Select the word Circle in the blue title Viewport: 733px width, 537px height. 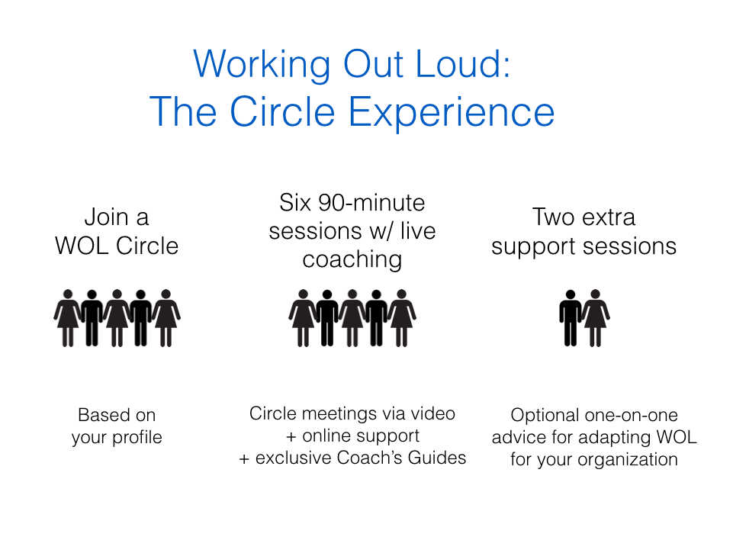(x=282, y=111)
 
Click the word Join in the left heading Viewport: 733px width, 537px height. (x=106, y=217)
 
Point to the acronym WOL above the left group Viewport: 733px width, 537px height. (x=82, y=246)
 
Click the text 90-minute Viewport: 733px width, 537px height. (x=371, y=203)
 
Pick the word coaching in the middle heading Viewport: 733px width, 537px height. (x=352, y=260)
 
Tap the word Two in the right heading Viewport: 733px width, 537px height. (x=554, y=217)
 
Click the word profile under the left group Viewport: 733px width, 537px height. (x=137, y=437)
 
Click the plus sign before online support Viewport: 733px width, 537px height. (x=291, y=437)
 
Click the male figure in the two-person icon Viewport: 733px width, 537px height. (x=570, y=318)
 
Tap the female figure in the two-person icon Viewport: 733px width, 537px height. (x=595, y=318)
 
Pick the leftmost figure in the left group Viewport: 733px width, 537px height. (x=68, y=318)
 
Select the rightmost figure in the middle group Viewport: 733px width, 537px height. (x=401, y=318)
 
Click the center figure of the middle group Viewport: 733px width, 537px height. (x=352, y=318)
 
